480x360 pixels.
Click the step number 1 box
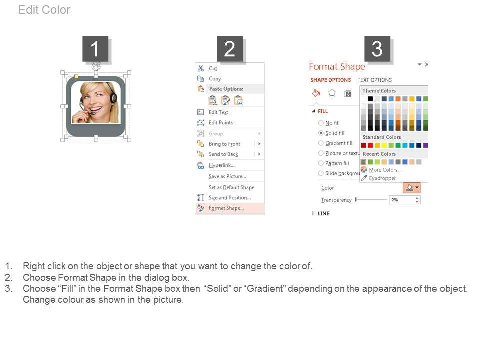click(95, 49)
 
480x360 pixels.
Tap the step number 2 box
click(230, 49)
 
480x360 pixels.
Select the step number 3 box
click(377, 49)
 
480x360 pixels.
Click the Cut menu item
click(213, 69)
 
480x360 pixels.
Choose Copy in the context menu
click(215, 79)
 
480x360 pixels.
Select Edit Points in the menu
click(221, 123)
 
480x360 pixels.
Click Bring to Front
click(224, 144)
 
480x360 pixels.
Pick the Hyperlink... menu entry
click(222, 165)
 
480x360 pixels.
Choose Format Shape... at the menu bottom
click(226, 208)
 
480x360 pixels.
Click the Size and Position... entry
click(230, 198)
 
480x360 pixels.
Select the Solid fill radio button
click(321, 133)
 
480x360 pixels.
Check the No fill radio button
click(321, 123)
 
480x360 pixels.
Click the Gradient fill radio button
click(321, 143)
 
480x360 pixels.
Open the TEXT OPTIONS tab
click(374, 80)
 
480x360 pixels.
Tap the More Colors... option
click(385, 170)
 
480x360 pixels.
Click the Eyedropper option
click(382, 178)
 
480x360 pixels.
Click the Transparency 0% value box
click(404, 200)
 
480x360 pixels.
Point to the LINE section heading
click(324, 213)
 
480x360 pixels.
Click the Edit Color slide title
click(44, 10)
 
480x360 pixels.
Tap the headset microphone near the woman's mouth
click(92, 113)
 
